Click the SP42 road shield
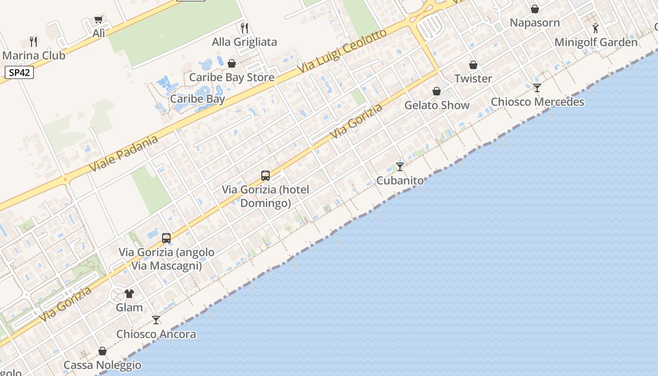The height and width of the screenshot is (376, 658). pyautogui.click(x=19, y=73)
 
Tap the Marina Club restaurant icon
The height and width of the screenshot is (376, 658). pyautogui.click(x=33, y=41)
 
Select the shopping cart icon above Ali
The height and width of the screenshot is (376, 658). pyautogui.click(x=98, y=20)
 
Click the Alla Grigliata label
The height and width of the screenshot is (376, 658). pyautogui.click(x=244, y=42)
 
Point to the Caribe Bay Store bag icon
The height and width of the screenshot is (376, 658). pyautogui.click(x=232, y=63)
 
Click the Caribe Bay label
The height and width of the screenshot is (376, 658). pyautogui.click(x=197, y=99)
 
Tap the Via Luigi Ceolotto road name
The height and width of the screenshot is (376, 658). pyautogui.click(x=342, y=51)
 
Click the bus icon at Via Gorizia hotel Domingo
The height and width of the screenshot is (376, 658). pyautogui.click(x=266, y=176)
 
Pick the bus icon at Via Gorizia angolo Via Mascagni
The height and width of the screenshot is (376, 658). pyautogui.click(x=166, y=238)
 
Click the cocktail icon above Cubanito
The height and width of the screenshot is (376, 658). pyautogui.click(x=400, y=166)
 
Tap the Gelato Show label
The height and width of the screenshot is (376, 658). pyautogui.click(x=437, y=105)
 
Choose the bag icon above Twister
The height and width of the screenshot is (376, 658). pyautogui.click(x=473, y=65)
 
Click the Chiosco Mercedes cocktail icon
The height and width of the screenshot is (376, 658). pyautogui.click(x=537, y=88)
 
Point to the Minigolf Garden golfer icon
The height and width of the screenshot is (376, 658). pyautogui.click(x=596, y=28)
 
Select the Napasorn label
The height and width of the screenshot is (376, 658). pyautogui.click(x=535, y=23)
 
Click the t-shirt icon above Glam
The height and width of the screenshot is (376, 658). pyautogui.click(x=129, y=294)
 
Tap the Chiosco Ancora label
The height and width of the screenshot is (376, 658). pyautogui.click(x=156, y=334)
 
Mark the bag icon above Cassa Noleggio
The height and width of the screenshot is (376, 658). pyautogui.click(x=102, y=351)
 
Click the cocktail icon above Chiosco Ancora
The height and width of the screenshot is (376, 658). pyautogui.click(x=156, y=320)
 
